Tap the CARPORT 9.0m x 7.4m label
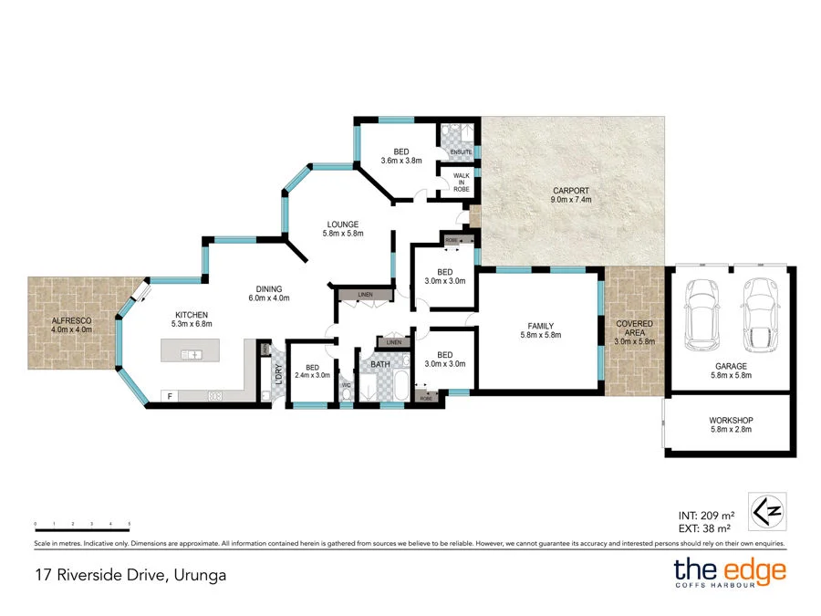572,195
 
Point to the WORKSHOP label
731,424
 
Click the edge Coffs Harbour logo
729,574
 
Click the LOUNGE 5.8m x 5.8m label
343,228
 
